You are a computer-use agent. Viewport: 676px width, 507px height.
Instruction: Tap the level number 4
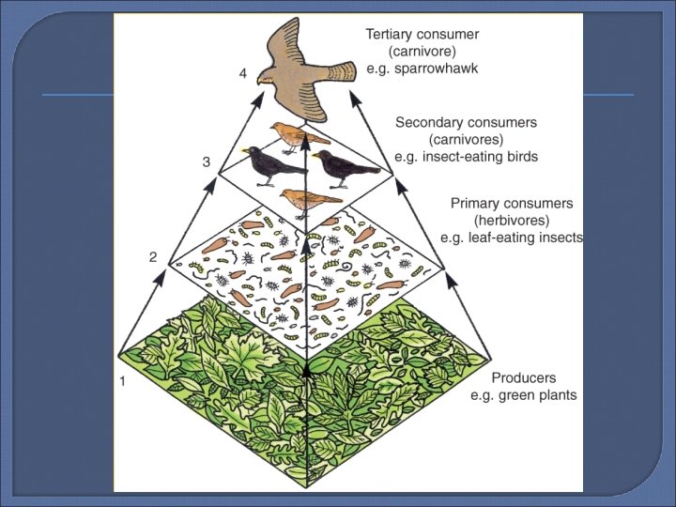tap(243, 75)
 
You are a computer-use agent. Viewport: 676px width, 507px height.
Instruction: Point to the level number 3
tap(207, 161)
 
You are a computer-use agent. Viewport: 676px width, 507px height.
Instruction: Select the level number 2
tap(153, 256)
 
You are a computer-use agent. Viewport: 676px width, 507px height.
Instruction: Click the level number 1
tap(121, 381)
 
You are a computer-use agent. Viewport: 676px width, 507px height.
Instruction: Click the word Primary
tap(477, 203)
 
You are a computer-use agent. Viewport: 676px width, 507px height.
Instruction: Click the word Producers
tap(525, 377)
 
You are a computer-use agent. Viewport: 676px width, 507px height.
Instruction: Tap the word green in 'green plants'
tap(515, 395)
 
